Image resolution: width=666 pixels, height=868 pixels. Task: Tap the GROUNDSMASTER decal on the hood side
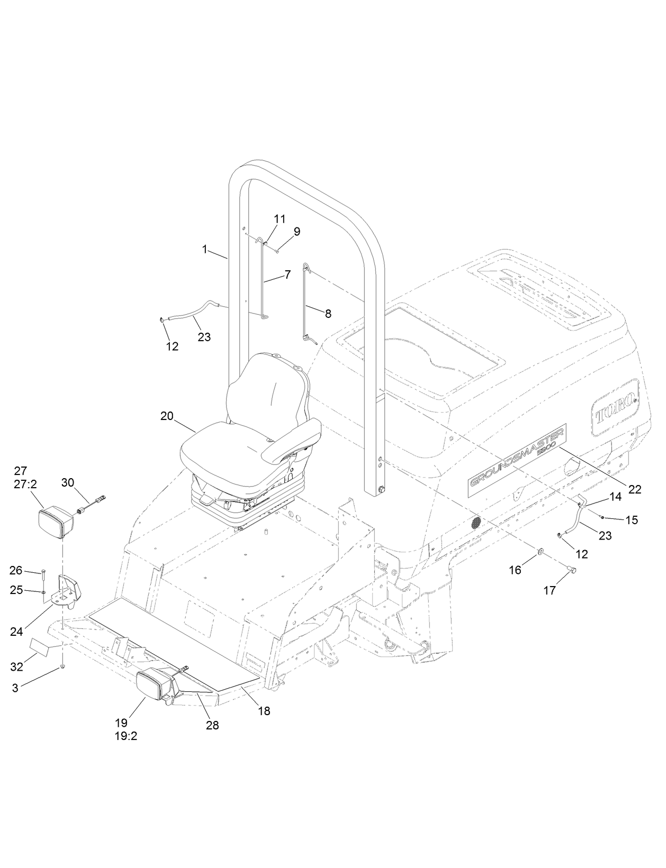[x=517, y=459]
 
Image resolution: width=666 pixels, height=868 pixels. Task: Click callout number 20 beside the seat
[x=167, y=416]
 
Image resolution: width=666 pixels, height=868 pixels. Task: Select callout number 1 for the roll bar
[x=205, y=249]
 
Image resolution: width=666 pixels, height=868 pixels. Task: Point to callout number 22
[x=634, y=490]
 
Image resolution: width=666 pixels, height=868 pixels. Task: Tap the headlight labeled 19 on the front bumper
[x=154, y=687]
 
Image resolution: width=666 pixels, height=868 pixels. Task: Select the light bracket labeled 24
[x=66, y=592]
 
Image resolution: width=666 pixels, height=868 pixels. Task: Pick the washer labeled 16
[x=541, y=552]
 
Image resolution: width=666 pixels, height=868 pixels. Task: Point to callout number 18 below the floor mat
[x=264, y=711]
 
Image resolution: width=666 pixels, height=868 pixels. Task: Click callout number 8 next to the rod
[x=328, y=314]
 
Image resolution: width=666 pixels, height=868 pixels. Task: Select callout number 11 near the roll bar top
[x=280, y=218]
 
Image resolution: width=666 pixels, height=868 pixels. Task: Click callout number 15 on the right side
[x=632, y=520]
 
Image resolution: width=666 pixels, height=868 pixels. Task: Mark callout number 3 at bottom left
[x=15, y=688]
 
